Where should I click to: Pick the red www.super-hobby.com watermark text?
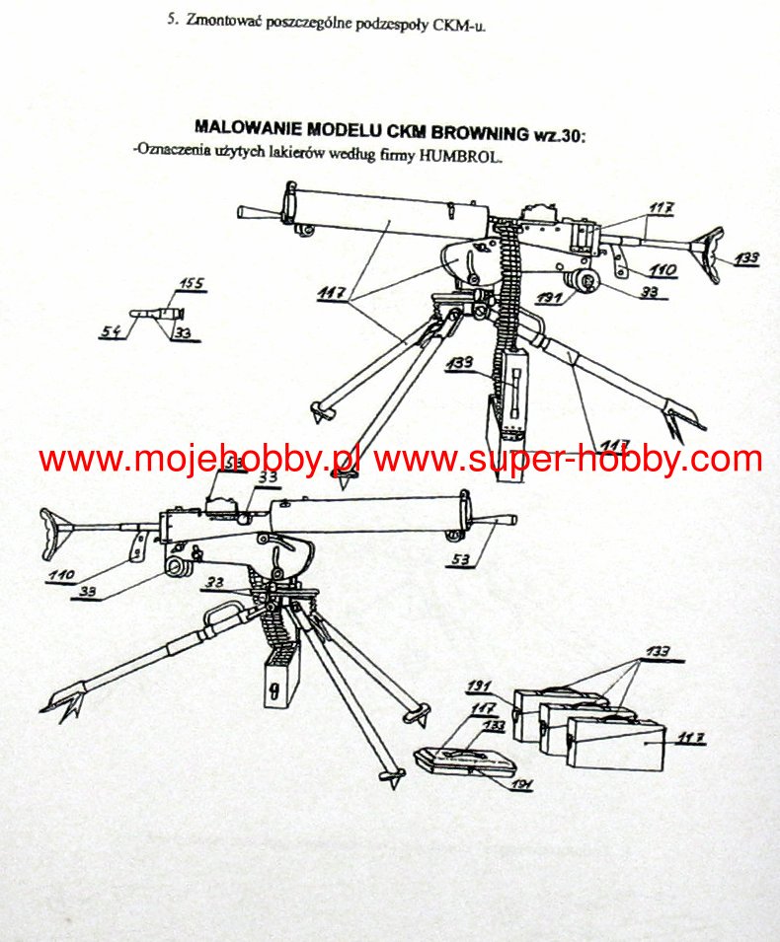(568, 460)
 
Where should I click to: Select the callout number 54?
(112, 333)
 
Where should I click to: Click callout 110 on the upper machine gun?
(663, 269)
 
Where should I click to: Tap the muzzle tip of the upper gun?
(245, 211)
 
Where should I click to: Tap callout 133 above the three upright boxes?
(658, 652)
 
